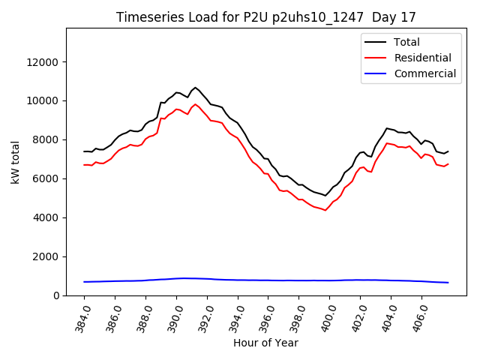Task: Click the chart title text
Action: [x=265, y=17]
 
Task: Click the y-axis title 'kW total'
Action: [x=16, y=162]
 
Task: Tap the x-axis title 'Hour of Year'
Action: [x=265, y=343]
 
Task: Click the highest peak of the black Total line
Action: [x=196, y=88]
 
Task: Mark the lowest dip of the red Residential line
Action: [x=325, y=210]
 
